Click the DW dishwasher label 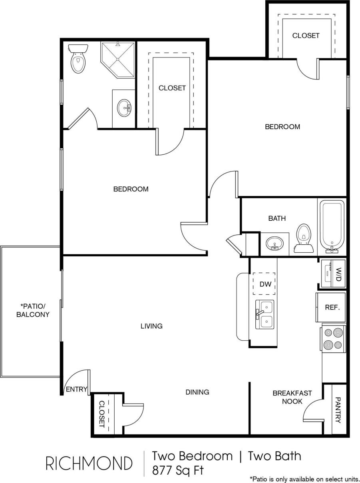pos(265,285)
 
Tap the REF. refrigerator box pos(332,307)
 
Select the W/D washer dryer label pos(338,274)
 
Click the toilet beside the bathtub pos(304,239)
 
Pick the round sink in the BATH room pos(274,243)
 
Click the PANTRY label pos(338,410)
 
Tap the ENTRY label pos(76,389)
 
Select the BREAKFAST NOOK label pos(292,397)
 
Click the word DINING pos(197,392)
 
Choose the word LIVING pos(151,326)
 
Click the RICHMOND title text pos(89,463)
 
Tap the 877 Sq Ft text pos(178,470)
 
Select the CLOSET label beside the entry pos(101,414)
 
